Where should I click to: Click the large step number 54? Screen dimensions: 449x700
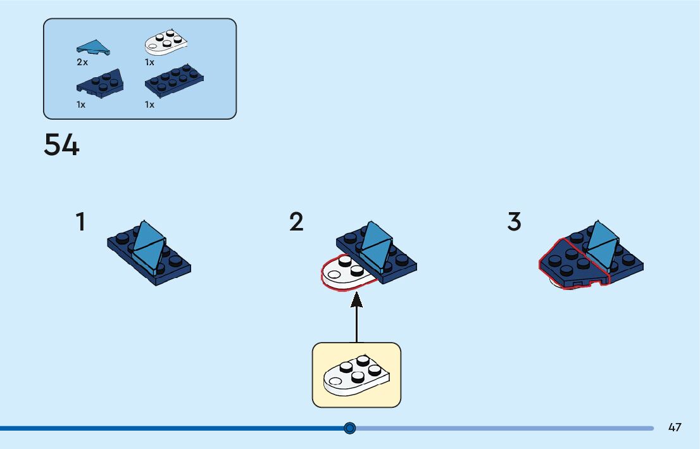click(61, 145)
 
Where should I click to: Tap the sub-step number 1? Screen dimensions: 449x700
click(80, 222)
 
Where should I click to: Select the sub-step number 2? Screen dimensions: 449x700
click(296, 222)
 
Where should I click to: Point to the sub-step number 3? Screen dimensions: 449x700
click(514, 222)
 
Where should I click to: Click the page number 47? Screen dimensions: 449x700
click(675, 427)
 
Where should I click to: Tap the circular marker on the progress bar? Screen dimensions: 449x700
click(350, 428)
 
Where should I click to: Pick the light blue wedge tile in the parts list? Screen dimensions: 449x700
click(92, 47)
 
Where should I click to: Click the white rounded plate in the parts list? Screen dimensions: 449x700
click(166, 42)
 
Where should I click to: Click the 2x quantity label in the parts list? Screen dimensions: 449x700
click(82, 63)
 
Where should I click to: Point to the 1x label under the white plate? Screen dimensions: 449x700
click(149, 63)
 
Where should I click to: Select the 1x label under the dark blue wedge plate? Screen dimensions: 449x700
click(81, 104)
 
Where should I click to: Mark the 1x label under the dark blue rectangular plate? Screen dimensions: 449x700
click(149, 104)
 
